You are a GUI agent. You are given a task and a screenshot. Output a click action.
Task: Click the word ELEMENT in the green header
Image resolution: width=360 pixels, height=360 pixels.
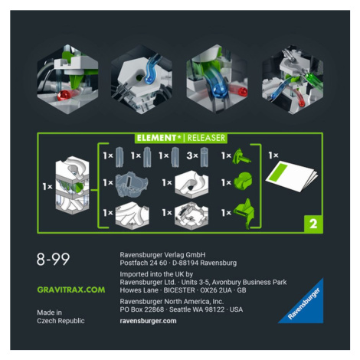156,138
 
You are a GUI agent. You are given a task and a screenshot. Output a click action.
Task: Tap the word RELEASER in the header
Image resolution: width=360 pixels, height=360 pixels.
206,138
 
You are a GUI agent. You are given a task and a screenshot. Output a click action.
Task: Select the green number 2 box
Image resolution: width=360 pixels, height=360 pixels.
313,224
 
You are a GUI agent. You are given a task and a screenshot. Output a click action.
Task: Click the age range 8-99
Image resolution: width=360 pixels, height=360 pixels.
53,260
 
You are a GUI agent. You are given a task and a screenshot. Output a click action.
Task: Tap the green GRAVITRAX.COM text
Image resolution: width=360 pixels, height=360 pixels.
71,290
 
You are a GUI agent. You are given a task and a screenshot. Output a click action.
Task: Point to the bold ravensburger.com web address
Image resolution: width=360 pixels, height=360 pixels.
148,321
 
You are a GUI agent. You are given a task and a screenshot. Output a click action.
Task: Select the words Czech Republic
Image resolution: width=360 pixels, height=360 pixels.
61,321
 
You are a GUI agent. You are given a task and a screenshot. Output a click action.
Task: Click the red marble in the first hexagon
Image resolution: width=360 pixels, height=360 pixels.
64,96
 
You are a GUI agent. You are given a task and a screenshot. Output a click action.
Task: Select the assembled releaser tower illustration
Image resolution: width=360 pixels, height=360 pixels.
72,185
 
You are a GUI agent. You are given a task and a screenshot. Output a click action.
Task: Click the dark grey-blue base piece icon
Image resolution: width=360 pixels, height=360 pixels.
132,185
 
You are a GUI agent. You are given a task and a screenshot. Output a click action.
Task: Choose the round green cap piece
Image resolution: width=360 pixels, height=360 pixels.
244,181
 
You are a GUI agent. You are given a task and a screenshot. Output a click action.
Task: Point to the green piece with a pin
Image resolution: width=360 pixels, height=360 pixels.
241,156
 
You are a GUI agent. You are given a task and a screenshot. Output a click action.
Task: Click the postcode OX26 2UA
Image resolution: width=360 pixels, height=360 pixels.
216,290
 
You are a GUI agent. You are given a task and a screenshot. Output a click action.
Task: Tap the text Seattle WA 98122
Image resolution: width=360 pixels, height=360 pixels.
198,309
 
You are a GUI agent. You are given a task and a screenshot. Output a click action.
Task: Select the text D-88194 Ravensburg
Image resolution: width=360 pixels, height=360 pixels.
205,263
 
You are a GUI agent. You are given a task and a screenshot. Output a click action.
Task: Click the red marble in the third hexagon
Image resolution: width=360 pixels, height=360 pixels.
242,91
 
